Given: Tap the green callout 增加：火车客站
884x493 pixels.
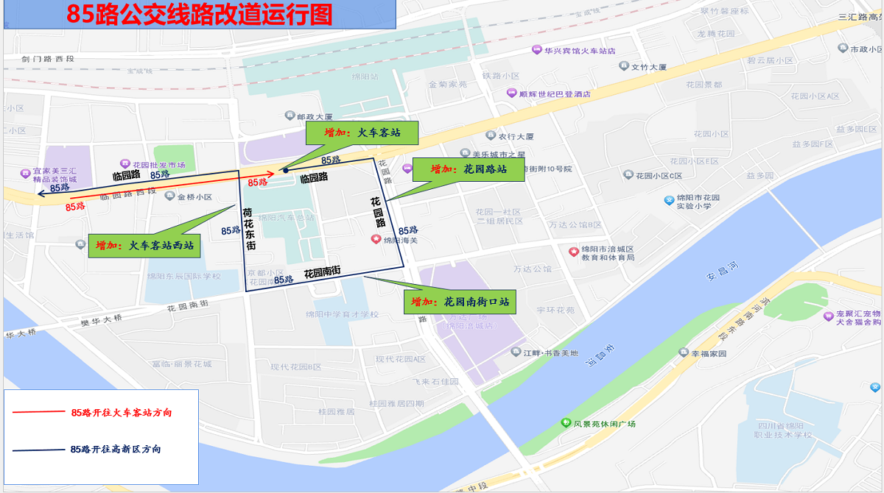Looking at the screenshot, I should point(362,133).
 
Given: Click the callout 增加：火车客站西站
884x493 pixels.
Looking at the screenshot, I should point(144,246).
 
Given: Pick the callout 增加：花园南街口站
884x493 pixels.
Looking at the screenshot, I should point(459,302).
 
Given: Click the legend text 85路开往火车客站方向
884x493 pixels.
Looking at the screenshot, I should point(122,413).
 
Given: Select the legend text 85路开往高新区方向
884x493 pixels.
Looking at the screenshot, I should point(116,449).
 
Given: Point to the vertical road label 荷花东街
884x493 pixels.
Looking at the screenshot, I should point(250,229).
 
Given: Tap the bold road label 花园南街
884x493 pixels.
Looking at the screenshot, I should point(322,272).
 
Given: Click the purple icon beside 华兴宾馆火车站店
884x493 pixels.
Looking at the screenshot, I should point(536,50).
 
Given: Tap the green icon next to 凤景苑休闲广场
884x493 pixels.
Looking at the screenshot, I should point(565,423).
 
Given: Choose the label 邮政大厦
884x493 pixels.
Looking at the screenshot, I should point(315,116).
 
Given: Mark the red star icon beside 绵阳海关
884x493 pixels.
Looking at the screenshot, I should point(376,239).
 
